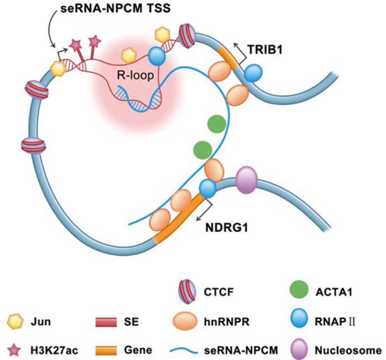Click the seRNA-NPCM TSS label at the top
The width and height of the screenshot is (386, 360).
coord(115,9)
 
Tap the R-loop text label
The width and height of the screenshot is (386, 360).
coord(136,75)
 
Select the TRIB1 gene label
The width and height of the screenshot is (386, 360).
coord(265,50)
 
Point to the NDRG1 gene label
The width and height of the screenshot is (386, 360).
coord(227,227)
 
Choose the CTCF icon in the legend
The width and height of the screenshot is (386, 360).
coord(188,292)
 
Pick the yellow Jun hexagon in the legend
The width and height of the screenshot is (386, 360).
coord(15,321)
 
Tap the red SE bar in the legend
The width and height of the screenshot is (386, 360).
coord(106,322)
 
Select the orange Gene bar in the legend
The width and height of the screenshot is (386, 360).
coord(106,351)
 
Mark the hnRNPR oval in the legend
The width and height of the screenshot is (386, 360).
coord(185,321)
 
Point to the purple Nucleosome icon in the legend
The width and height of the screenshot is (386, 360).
coord(299,350)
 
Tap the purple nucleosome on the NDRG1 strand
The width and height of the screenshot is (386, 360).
coord(246,180)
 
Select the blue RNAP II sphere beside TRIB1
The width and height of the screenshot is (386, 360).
coord(253,73)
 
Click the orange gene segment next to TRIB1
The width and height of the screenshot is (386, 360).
coord(229,58)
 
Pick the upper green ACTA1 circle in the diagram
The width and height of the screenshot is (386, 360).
coord(217,124)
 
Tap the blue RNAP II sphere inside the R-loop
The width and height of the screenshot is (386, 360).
coord(157,56)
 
